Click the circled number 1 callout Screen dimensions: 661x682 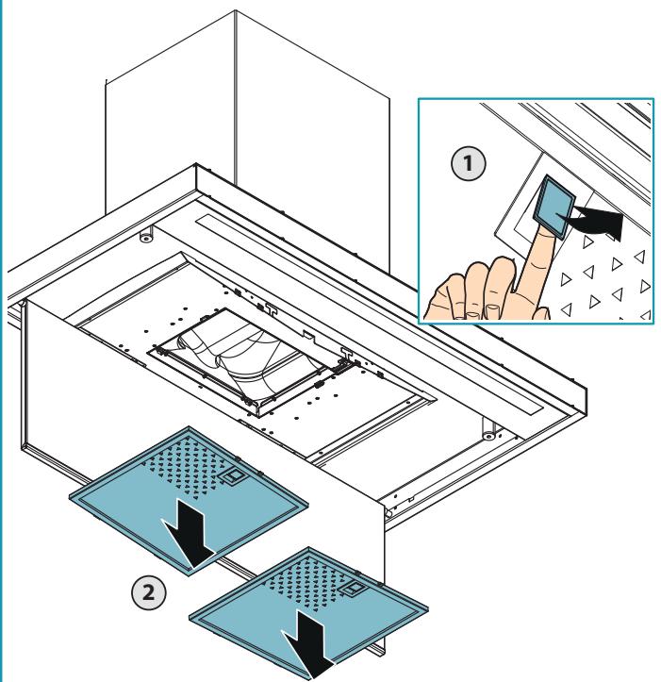pyautogui.click(x=468, y=163)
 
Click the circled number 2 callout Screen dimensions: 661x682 pyautogui.click(x=149, y=592)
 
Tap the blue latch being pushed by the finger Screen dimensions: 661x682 pyautogui.click(x=554, y=207)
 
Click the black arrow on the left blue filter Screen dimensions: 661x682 pyautogui.click(x=187, y=534)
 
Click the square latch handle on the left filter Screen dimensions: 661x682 pyautogui.click(x=230, y=476)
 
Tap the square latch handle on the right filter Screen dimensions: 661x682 pyautogui.click(x=350, y=590)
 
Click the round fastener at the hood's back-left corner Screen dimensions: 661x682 pyautogui.click(x=145, y=237)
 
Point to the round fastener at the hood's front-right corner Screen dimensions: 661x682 pyautogui.click(x=489, y=435)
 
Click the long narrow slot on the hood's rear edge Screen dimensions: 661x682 pyautogui.click(x=370, y=314)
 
